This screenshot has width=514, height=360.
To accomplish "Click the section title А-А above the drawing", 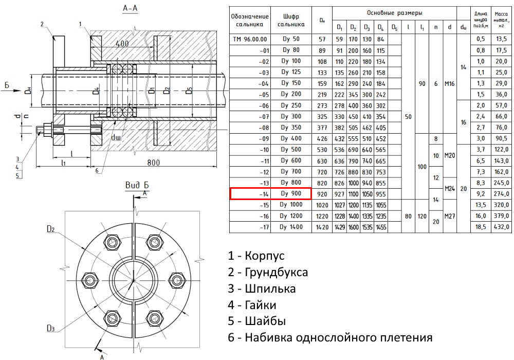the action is click(130, 8).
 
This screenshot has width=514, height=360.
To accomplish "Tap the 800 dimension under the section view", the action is click(153, 163).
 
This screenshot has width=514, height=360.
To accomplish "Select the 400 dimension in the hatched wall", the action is click(122, 43).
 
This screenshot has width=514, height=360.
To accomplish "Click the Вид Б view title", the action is click(137, 185).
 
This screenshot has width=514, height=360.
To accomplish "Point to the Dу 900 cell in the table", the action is click(291, 193).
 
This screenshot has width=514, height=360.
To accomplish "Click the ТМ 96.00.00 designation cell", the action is click(250, 40).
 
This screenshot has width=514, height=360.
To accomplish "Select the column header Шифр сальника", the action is click(291, 20).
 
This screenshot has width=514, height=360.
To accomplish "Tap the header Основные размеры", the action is click(394, 13).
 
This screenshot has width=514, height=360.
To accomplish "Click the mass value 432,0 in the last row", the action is click(501, 227).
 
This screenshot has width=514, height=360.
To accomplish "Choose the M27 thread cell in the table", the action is click(449, 216).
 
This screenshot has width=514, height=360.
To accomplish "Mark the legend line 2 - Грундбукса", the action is click(268, 272).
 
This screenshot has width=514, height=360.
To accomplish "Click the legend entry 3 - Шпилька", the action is click(262, 289).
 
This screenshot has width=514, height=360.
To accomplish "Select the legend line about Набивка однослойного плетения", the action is click(330, 337).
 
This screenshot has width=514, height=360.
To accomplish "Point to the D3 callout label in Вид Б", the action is click(50, 328).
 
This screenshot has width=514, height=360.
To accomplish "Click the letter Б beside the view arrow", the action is click(7, 86).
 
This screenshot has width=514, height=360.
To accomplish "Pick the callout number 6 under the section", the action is click(97, 171).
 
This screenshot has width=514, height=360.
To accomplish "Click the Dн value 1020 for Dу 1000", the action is click(322, 205).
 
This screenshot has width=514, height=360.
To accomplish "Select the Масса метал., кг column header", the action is click(501, 20).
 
